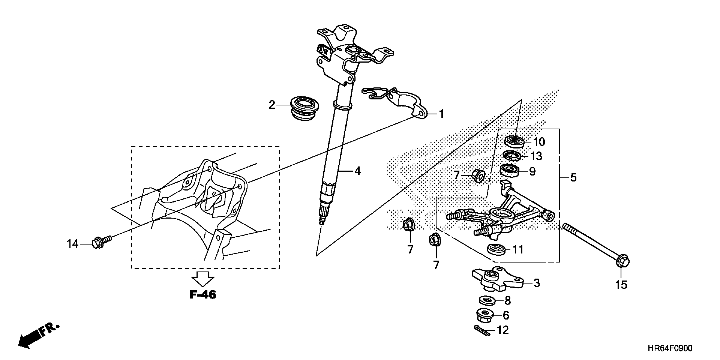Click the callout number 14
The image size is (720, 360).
click(72, 244)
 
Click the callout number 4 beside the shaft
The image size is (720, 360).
click(357, 171)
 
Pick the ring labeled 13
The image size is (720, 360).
click(512, 156)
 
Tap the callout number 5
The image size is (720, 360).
click(573, 177)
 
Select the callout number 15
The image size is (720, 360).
click(621, 285)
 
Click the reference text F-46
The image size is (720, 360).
click(203, 295)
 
